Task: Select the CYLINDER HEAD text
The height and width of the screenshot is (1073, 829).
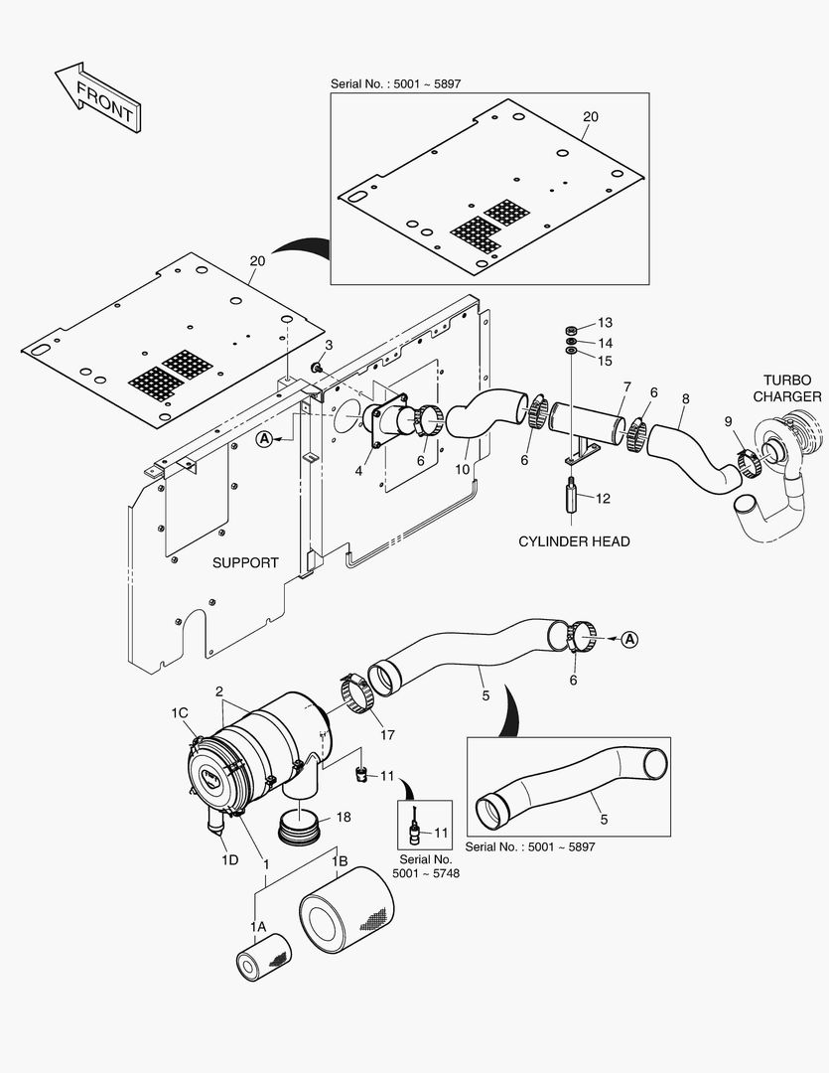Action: [x=575, y=541]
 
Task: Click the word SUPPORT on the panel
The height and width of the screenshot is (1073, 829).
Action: [x=245, y=562]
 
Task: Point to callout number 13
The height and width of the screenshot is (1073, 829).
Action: [x=605, y=323]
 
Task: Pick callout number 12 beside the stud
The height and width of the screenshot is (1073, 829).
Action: [x=604, y=499]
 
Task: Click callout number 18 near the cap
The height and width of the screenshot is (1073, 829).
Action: [x=343, y=817]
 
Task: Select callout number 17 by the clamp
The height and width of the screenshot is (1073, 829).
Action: [x=386, y=736]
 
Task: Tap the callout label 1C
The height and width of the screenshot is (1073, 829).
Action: [x=180, y=713]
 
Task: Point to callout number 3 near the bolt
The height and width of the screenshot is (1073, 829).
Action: [x=329, y=345]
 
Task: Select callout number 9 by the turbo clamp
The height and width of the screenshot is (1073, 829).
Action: [x=728, y=421]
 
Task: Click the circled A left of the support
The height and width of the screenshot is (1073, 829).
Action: [x=264, y=438]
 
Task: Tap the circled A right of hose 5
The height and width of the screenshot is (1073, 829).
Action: [x=628, y=641]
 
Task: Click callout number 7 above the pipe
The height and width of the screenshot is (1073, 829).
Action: [x=626, y=385]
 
